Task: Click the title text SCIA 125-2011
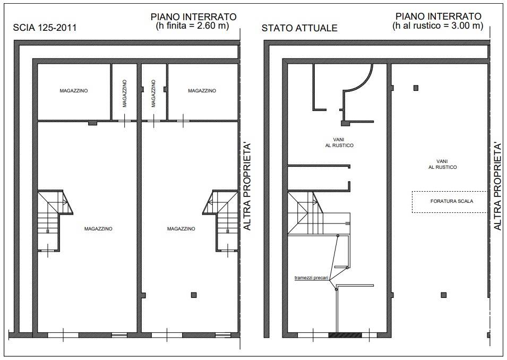click(45, 28)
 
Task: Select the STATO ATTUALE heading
click(299, 28)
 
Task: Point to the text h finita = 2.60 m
click(193, 25)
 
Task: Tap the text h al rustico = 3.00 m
click(438, 25)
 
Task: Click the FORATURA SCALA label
click(452, 201)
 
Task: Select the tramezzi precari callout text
click(312, 278)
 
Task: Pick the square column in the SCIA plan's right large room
click(194, 295)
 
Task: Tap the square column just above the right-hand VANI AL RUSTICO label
click(416, 88)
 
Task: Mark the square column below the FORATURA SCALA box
click(444, 295)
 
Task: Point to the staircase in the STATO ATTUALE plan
click(306, 213)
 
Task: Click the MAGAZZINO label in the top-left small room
click(74, 91)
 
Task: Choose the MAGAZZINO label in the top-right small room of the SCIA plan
click(202, 91)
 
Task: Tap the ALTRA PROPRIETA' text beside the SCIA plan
click(247, 186)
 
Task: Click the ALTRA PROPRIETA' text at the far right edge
click(498, 186)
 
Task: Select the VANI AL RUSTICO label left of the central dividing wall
click(339, 143)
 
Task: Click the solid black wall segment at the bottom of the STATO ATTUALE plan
click(345, 335)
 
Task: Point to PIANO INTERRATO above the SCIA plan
click(194, 17)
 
